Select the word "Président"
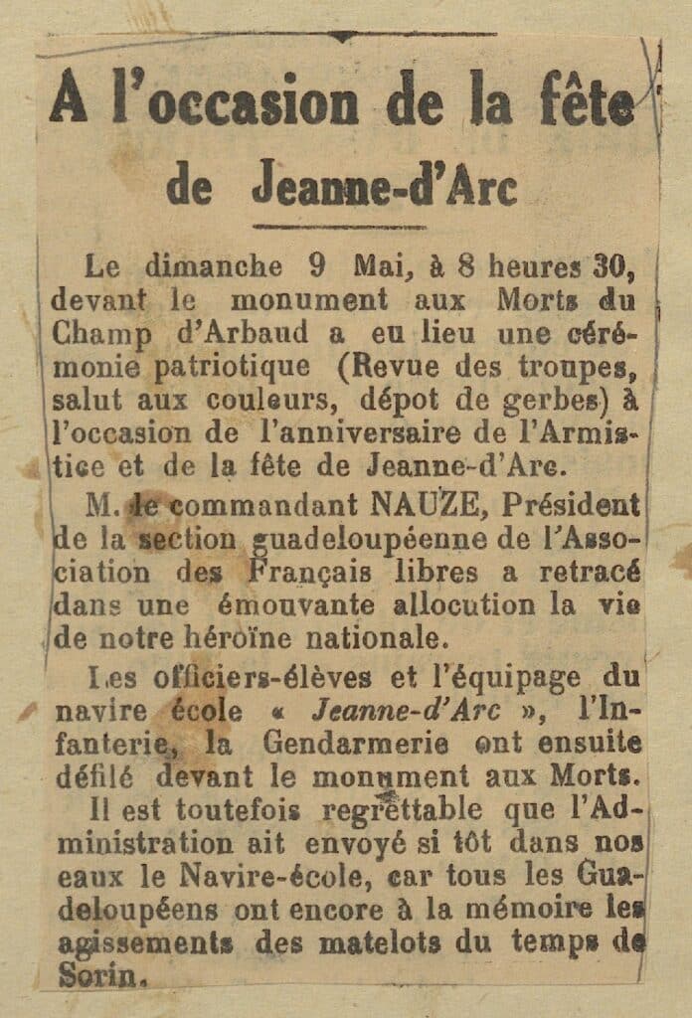[572, 506]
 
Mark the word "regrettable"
[419, 810]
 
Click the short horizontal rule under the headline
[338, 227]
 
